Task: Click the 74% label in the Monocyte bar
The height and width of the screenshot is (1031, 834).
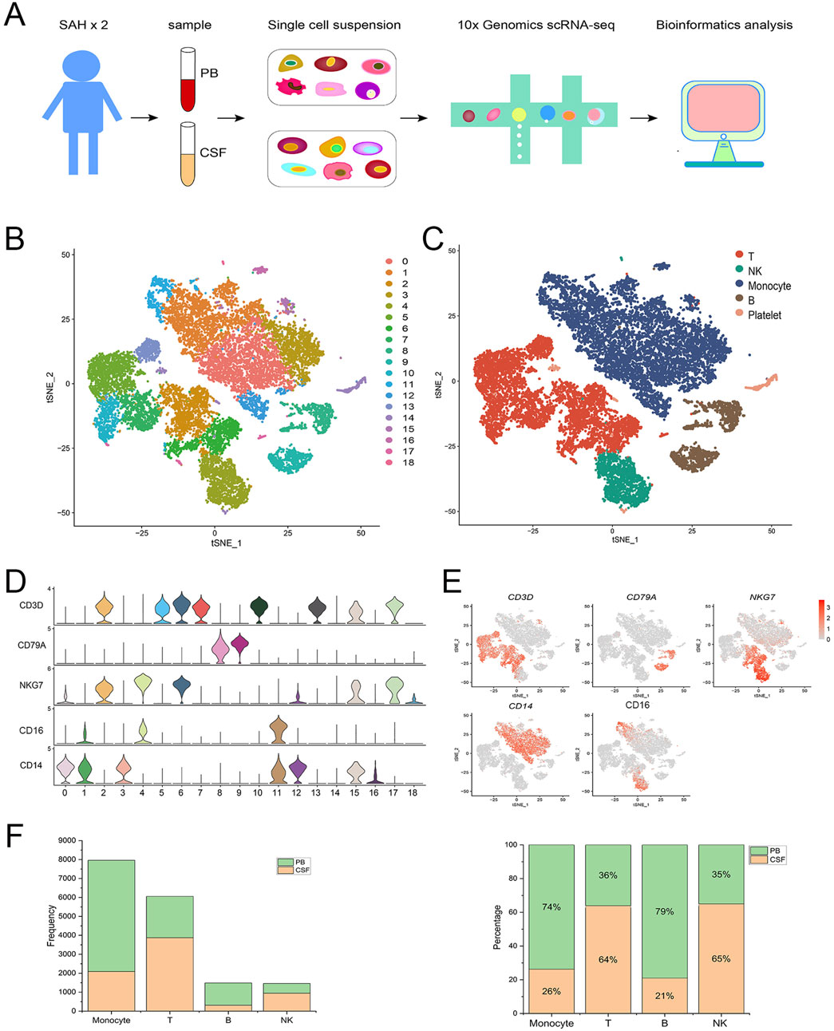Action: (x=551, y=907)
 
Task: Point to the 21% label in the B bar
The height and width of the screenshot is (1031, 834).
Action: (x=664, y=995)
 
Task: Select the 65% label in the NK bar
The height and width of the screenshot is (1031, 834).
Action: (x=721, y=958)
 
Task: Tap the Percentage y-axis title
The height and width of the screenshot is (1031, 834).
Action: (x=497, y=926)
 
